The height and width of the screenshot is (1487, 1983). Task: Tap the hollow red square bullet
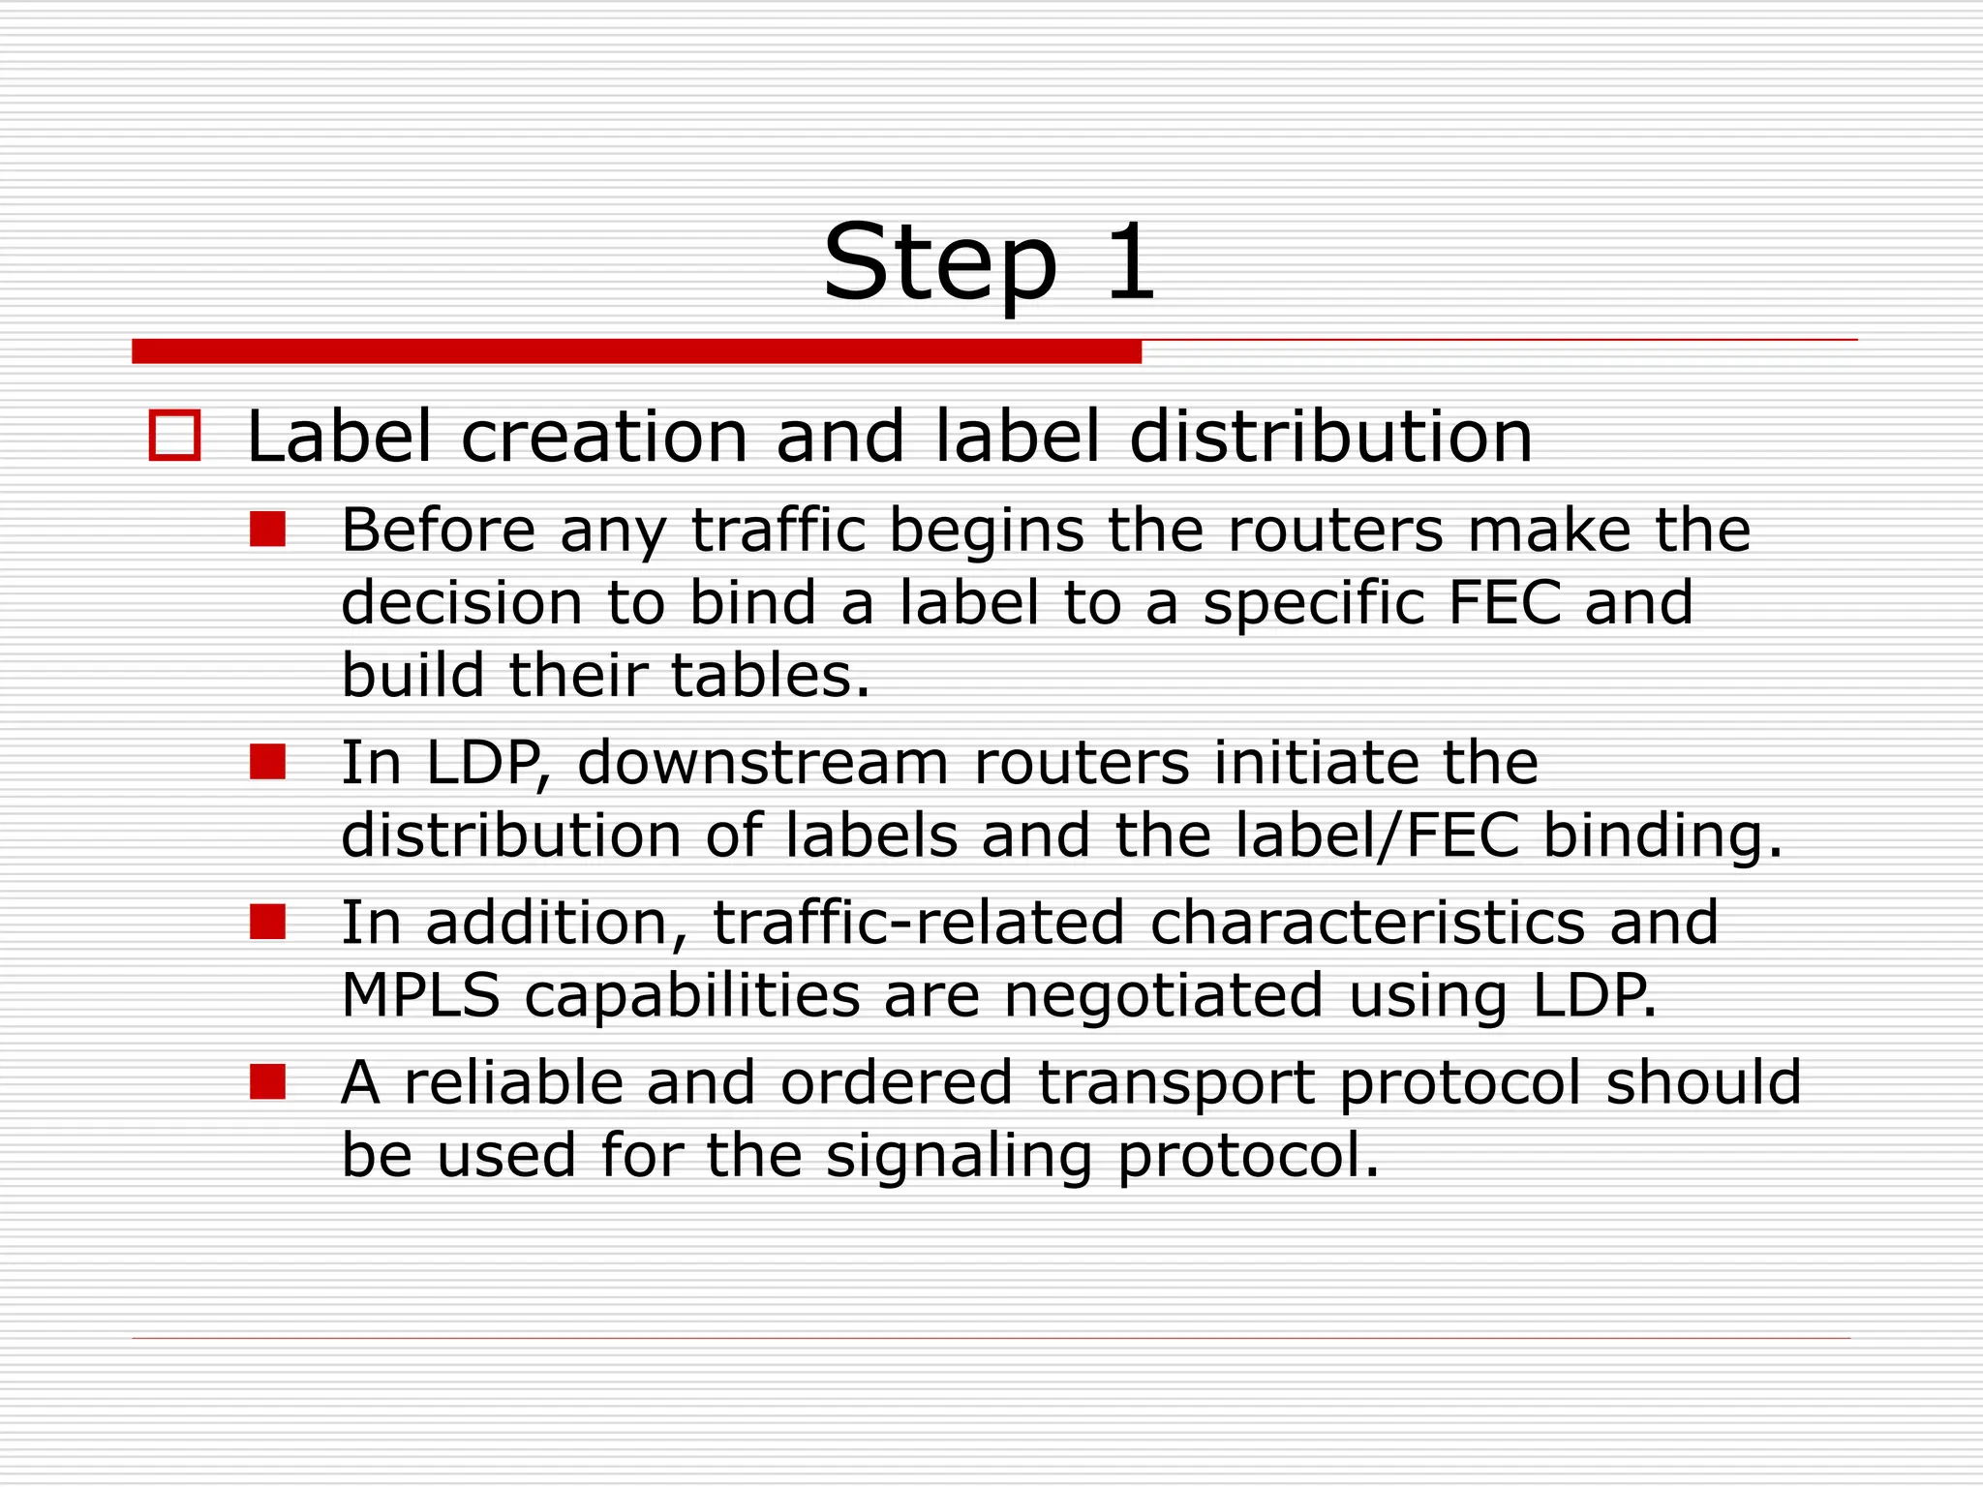[174, 436]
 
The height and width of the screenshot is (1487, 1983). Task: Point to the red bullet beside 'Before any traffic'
[267, 530]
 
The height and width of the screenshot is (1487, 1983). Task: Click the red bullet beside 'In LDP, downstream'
[267, 762]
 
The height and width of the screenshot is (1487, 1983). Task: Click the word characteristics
[1367, 922]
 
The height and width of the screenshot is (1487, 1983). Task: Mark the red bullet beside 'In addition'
[267, 922]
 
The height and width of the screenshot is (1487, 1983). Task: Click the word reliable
[513, 1081]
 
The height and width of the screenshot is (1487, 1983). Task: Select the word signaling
[959, 1155]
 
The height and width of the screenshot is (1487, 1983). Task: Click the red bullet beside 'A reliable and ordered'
[267, 1081]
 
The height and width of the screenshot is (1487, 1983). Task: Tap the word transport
[1175, 1081]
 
